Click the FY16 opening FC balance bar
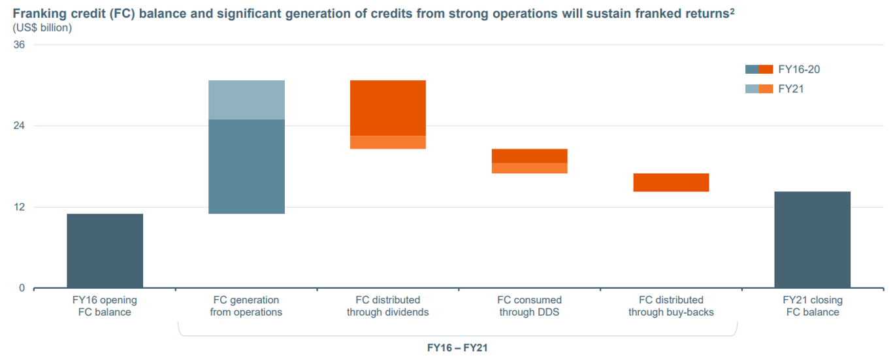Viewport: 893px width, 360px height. pos(105,250)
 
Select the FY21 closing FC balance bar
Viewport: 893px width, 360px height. pos(812,239)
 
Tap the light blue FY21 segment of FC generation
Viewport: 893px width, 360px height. pos(246,99)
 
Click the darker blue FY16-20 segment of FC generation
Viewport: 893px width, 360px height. pos(246,166)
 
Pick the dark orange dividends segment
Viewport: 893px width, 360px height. pos(387,108)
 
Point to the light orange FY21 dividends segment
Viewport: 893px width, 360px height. pos(387,142)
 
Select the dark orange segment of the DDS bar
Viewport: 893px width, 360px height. pos(529,155)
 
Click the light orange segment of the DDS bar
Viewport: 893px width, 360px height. pos(529,168)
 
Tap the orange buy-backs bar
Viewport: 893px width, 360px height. pos(671,182)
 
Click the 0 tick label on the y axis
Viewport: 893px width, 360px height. pos(21,288)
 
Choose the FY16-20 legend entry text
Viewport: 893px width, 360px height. pos(799,69)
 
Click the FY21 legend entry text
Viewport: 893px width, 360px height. pos(790,88)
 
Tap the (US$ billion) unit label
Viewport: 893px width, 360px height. pos(42,27)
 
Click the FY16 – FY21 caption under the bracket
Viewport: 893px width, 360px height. pos(457,348)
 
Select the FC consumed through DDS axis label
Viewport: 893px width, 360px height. pos(529,306)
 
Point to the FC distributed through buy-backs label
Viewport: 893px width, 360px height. pos(671,306)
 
